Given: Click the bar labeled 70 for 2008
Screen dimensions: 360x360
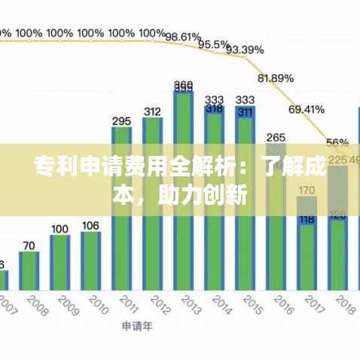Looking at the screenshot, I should tap(29, 270).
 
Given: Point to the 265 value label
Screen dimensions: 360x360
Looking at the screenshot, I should tap(276, 138).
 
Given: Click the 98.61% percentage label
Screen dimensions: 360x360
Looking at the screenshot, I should tap(184, 36).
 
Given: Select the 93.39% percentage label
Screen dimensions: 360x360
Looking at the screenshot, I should tap(245, 50).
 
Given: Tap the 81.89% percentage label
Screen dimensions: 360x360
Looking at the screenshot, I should tap(276, 78).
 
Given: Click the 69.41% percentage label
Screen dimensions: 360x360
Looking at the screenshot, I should tap(307, 109).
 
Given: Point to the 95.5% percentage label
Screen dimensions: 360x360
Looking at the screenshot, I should tap(214, 44).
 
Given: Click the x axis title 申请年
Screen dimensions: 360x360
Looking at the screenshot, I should tap(136, 327).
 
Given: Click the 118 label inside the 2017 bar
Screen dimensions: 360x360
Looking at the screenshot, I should tap(307, 220).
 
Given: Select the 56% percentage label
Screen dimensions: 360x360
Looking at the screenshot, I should tap(337, 142).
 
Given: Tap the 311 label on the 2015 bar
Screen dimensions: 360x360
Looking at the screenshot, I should tap(245, 112).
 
